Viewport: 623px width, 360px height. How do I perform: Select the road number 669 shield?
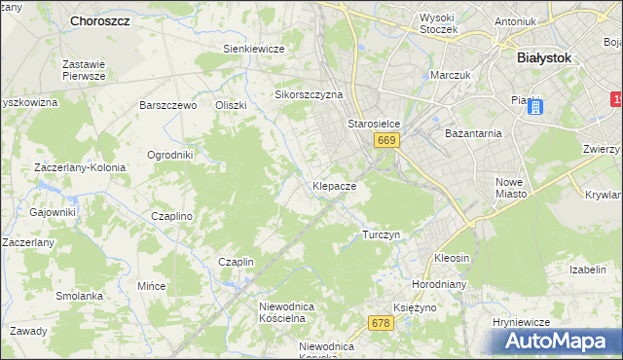(x=386, y=141)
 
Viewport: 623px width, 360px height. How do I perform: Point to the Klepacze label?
(x=334, y=185)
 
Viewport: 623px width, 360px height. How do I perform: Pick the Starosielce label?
(x=375, y=125)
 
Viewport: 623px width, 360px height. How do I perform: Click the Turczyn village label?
(x=381, y=235)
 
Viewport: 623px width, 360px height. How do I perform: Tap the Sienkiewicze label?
(x=253, y=49)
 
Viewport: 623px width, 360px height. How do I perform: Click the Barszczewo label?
(x=168, y=105)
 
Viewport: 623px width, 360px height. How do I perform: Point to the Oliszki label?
(x=232, y=105)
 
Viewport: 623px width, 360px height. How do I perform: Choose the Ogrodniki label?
(x=169, y=155)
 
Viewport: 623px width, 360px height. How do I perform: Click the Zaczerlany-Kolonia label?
(x=80, y=167)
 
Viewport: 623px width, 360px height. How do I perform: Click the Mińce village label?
(x=151, y=287)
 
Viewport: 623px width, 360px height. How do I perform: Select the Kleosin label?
(x=452, y=259)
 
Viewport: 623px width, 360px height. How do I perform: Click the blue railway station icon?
(x=533, y=107)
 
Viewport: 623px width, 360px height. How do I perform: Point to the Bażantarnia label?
(x=471, y=132)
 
